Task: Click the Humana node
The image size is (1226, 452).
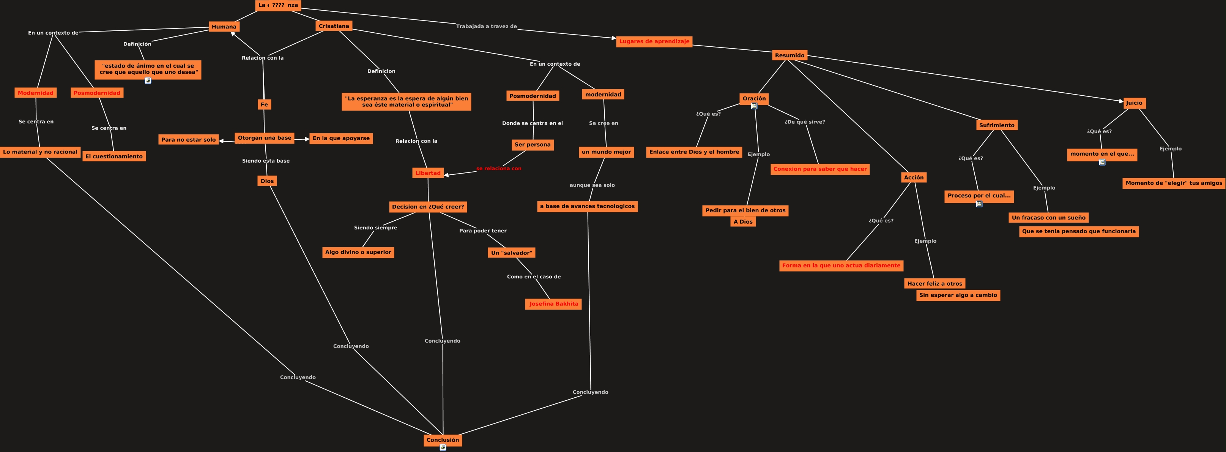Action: click(224, 27)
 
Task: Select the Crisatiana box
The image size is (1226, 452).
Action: click(334, 26)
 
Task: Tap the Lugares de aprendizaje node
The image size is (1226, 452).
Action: click(654, 41)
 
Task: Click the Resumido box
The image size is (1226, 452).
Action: click(789, 55)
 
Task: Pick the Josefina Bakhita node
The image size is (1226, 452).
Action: click(553, 304)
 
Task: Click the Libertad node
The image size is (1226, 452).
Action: click(428, 173)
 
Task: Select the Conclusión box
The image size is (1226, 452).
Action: click(443, 439)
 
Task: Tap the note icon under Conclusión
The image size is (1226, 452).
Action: click(443, 448)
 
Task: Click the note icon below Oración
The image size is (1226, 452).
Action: click(754, 106)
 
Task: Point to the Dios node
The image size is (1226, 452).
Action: click(267, 181)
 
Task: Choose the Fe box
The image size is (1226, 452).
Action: click(264, 104)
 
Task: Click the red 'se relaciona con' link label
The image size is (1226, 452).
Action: click(498, 169)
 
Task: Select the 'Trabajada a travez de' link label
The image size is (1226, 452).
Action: click(486, 27)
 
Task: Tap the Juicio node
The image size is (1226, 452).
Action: click(1134, 103)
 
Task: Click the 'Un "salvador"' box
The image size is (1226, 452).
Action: click(511, 253)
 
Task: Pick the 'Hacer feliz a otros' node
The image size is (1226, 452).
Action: click(934, 283)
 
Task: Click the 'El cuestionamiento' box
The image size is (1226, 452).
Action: click(114, 156)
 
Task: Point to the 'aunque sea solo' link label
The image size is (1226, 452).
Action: click(592, 185)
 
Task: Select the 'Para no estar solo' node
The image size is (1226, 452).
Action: click(189, 139)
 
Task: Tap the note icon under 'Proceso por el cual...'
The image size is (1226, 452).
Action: click(979, 204)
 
